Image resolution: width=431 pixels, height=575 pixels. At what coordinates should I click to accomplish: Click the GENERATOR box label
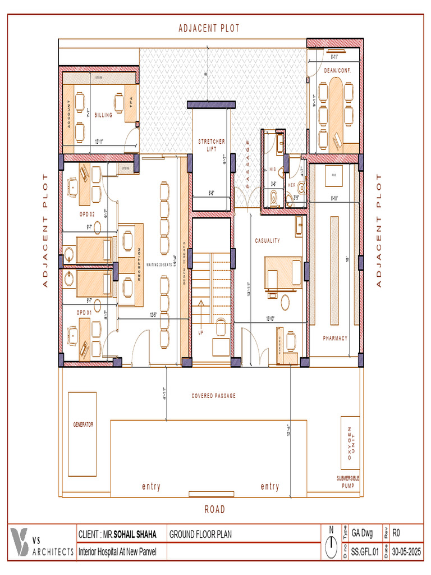coord(82,425)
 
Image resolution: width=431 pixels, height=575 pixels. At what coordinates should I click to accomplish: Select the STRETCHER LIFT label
coord(212,145)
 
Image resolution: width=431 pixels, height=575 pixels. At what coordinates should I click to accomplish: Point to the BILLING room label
coord(103,115)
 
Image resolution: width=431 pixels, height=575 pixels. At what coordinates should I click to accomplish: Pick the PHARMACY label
coord(335,338)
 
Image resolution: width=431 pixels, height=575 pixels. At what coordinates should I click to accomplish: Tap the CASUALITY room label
coord(267,240)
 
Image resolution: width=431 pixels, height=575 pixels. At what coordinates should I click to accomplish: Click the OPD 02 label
coord(86,215)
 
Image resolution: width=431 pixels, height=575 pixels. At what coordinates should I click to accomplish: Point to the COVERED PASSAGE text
coord(213,396)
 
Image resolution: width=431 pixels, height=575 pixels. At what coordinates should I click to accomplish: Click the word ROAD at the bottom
coord(214,509)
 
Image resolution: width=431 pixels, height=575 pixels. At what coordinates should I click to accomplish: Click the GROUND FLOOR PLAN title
coord(200,535)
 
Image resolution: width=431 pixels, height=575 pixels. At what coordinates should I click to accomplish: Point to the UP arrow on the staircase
coord(200,314)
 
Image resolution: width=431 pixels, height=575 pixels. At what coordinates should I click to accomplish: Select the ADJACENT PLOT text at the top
coord(209,29)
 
